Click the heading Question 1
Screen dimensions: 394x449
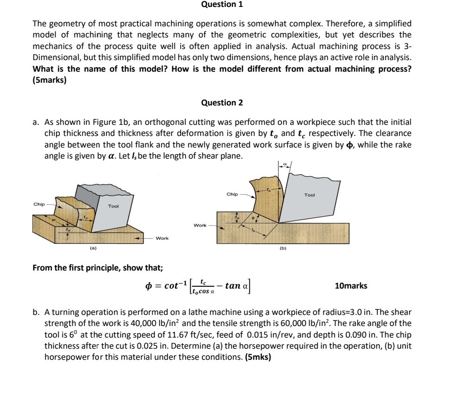point(222,5)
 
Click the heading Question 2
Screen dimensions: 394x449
point(222,103)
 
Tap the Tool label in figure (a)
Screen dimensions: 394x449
point(113,206)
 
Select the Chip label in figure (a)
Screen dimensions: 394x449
point(39,203)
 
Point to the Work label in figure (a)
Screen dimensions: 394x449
point(162,238)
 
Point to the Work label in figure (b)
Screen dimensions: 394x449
point(200,225)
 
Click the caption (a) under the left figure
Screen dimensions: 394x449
point(93,248)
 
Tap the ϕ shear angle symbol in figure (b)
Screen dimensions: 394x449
point(253,217)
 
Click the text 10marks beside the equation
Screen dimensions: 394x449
point(351,286)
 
